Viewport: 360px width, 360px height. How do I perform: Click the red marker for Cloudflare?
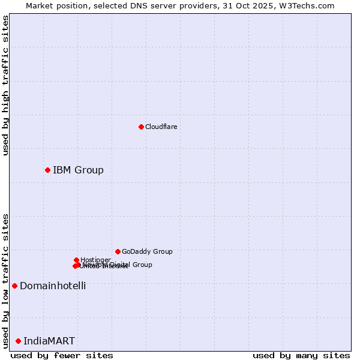[x=141, y=127]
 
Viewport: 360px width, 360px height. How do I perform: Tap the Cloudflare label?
[x=161, y=127]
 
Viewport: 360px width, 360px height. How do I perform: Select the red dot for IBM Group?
[x=47, y=170]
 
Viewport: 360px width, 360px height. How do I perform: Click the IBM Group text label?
[x=78, y=170]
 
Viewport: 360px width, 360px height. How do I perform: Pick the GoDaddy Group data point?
[x=118, y=251]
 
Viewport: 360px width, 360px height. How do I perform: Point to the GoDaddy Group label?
[x=147, y=251]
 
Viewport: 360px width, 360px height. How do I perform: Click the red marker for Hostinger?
[x=76, y=260]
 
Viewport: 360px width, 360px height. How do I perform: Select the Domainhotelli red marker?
[x=14, y=286]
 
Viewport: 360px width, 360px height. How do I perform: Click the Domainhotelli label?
[x=53, y=286]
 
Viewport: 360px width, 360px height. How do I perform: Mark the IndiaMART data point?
[x=18, y=341]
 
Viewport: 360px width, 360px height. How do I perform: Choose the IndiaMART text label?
[x=49, y=341]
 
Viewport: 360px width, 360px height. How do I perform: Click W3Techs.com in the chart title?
[x=310, y=5]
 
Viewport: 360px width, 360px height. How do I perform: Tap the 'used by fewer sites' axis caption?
[x=62, y=356]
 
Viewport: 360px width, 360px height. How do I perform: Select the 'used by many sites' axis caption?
[x=301, y=356]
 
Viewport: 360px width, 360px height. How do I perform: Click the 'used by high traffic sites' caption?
[x=5, y=85]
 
